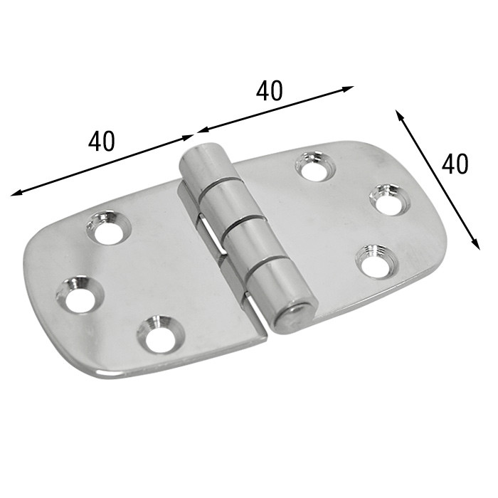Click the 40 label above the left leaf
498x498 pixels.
pyautogui.click(x=102, y=141)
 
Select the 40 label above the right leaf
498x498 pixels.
pyautogui.click(x=269, y=90)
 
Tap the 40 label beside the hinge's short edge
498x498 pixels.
pyautogui.click(x=454, y=164)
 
